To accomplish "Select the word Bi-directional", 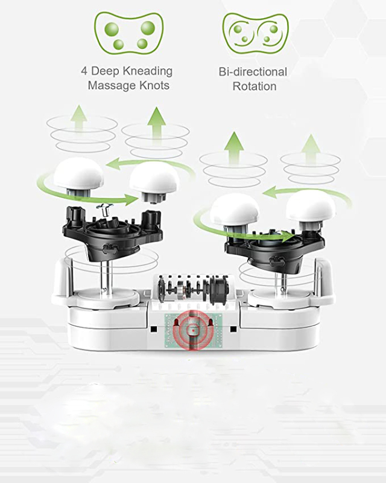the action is pyautogui.click(x=253, y=72).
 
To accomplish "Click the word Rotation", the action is pyautogui.click(x=255, y=86).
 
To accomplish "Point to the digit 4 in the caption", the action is pyautogui.click(x=84, y=71).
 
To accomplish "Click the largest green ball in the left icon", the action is pyautogui.click(x=148, y=27).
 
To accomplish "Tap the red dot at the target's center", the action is pyautogui.click(x=193, y=330).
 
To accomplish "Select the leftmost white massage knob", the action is pyautogui.click(x=79, y=176).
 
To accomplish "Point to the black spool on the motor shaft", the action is pyautogui.click(x=219, y=289).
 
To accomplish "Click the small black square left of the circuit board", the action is pyautogui.click(x=154, y=329).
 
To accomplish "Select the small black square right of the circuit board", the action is pyautogui.click(x=233, y=329).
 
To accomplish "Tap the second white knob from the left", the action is pyautogui.click(x=154, y=182).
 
